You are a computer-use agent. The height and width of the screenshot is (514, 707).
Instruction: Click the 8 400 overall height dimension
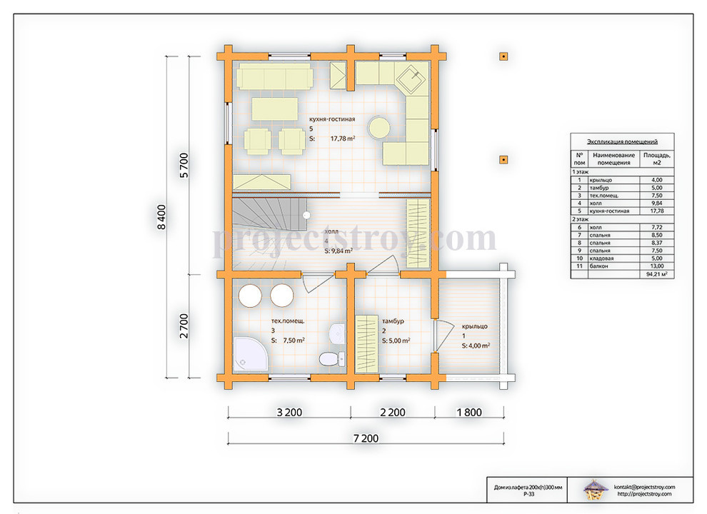coord(161,217)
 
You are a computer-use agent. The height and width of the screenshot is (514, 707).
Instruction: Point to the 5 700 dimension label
coord(184,166)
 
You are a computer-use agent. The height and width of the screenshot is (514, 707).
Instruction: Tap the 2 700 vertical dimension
coord(184,326)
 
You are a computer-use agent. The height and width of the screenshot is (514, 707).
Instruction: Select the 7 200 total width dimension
coord(366,438)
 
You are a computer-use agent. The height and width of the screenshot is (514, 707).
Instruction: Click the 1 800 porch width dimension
coord(469,412)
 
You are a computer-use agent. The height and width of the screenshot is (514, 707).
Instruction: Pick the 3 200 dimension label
coord(289,412)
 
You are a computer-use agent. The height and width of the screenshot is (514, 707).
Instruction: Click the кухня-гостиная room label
coord(332,119)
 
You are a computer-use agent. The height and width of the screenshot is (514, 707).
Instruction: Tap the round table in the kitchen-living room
coord(378,128)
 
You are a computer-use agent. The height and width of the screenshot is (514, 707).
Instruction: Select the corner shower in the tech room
coord(249,354)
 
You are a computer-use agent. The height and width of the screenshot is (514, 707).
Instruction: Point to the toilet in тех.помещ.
coord(329,359)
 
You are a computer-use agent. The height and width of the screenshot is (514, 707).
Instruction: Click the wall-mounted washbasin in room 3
coord(337,334)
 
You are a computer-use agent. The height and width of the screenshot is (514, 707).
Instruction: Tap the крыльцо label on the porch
coord(474,326)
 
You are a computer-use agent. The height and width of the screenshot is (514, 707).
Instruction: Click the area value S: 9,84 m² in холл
coord(339,251)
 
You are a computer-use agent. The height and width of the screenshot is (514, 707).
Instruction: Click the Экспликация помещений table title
coord(622,141)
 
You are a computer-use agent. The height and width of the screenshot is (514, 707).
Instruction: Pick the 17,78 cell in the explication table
coord(656,211)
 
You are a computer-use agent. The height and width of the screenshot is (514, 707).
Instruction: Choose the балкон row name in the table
coord(598,266)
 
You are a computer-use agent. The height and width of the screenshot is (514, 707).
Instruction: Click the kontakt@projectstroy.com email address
coord(644,487)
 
